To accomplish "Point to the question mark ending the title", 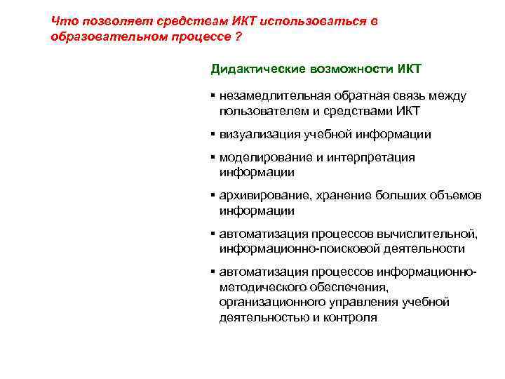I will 239,36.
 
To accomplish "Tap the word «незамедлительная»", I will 273,96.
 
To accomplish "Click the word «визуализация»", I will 256,134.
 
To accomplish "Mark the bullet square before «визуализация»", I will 212,133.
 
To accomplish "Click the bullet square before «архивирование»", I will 212,195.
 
